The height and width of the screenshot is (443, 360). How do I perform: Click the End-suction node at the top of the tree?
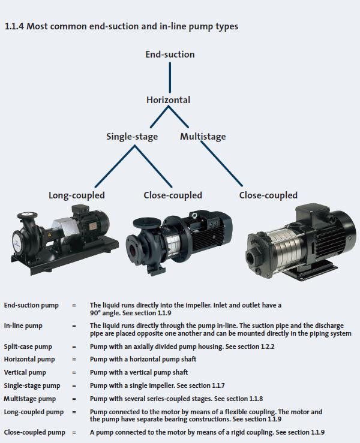(x=170, y=55)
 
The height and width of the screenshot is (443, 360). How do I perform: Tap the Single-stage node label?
(x=132, y=137)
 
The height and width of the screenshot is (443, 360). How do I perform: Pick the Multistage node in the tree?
(x=203, y=137)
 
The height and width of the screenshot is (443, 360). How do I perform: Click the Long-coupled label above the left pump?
(x=77, y=195)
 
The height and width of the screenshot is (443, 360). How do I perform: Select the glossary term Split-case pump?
(x=28, y=346)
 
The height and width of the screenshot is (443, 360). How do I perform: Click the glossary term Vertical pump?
(x=25, y=372)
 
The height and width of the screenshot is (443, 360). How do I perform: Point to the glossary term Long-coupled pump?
(x=34, y=412)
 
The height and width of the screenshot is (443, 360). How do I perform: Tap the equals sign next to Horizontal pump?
(x=74, y=359)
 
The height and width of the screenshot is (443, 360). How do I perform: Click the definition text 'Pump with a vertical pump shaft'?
(x=139, y=372)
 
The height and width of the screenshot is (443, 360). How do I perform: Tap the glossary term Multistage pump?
(x=29, y=398)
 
